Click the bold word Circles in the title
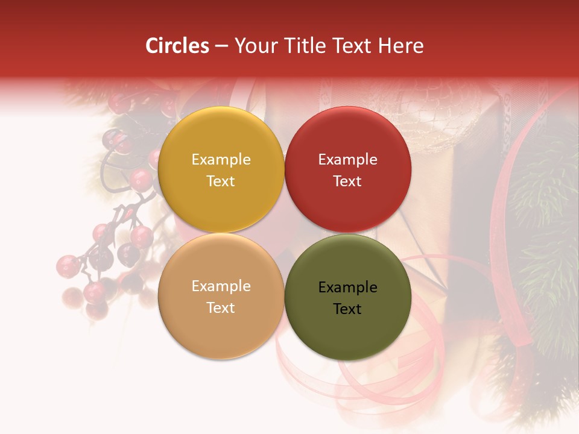point(177,46)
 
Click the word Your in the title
point(253,46)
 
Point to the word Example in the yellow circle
point(221,160)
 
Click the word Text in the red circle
point(347,181)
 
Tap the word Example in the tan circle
point(221,286)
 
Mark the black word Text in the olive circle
point(347,309)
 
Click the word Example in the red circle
point(347,160)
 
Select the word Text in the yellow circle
point(221,181)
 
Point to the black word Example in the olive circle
point(347,288)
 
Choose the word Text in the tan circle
point(221,308)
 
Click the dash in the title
point(221,46)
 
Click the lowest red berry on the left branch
point(96,310)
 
